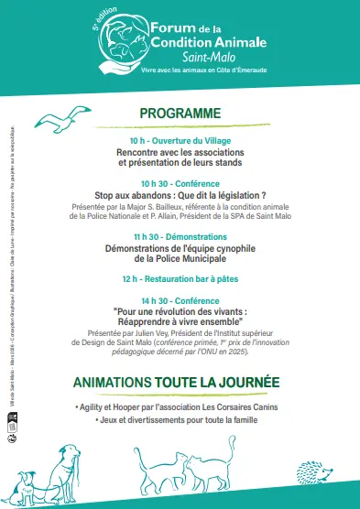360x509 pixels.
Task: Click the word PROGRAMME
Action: tap(180, 113)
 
